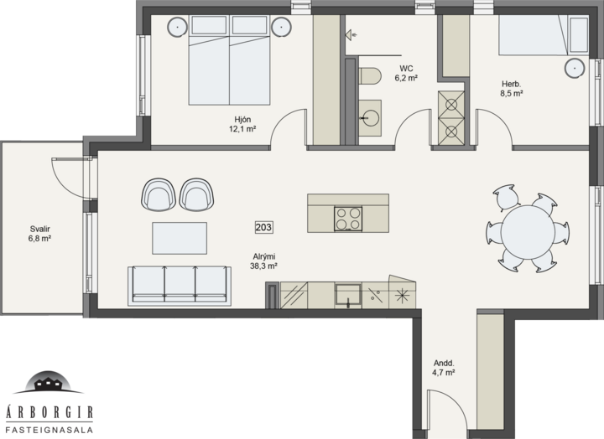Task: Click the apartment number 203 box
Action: click(x=263, y=227)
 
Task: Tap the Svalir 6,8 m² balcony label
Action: click(x=39, y=234)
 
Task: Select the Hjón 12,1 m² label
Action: click(x=242, y=124)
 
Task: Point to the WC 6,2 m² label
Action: click(x=406, y=73)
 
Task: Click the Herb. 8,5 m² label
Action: click(x=511, y=89)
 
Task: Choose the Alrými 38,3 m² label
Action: click(x=264, y=261)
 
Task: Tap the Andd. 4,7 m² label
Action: click(x=444, y=368)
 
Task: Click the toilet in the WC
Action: click(x=370, y=75)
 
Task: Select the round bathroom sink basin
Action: click(x=371, y=117)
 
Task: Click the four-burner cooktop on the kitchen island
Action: click(x=348, y=219)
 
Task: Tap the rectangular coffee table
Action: click(x=180, y=238)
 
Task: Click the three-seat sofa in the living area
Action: click(x=180, y=286)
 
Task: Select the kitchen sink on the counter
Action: click(x=348, y=296)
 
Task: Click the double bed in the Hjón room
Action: click(x=229, y=60)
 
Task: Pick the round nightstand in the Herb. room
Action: click(x=575, y=69)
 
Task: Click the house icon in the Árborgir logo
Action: click(x=49, y=383)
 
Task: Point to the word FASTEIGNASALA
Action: click(x=49, y=430)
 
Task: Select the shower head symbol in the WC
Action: click(x=351, y=35)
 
